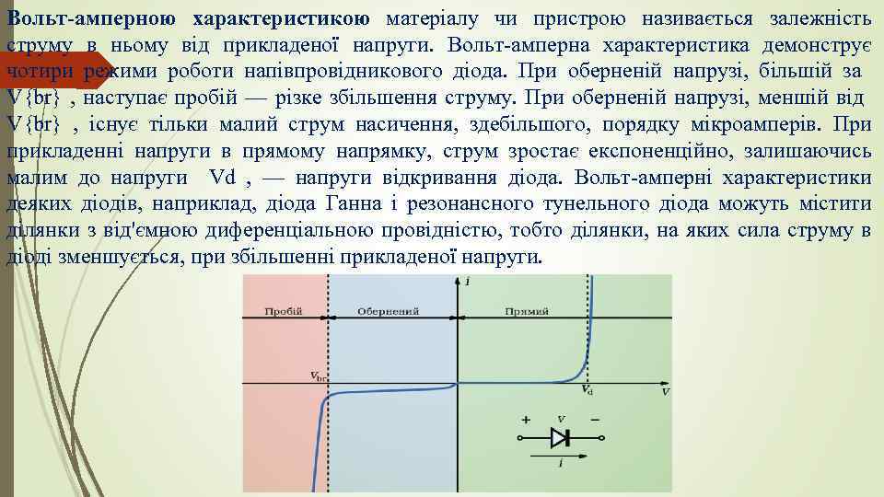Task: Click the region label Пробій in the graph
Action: coord(284,311)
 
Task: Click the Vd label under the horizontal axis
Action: coord(587,391)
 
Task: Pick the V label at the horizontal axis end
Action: coord(665,392)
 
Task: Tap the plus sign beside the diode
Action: coord(526,420)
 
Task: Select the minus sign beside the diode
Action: coord(594,420)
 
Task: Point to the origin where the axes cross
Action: coord(458,384)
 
